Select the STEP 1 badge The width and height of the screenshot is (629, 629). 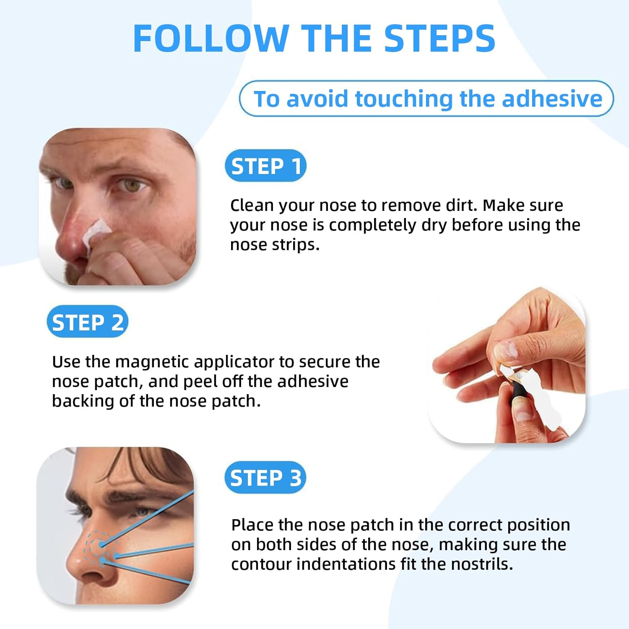coord(265,166)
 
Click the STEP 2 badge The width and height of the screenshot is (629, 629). coord(87,322)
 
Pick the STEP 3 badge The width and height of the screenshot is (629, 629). coord(265,478)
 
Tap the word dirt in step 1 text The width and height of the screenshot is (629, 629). coord(463,205)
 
